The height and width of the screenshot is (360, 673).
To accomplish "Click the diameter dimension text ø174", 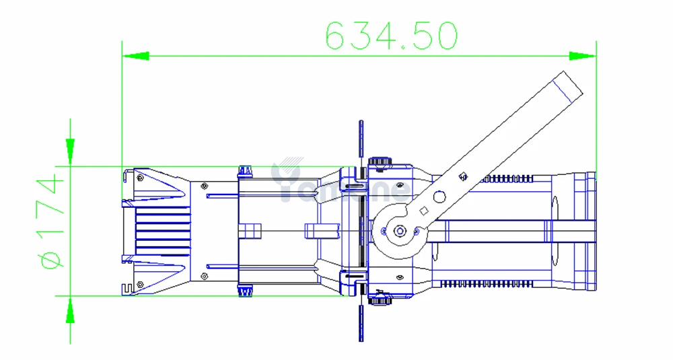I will [x=50, y=221].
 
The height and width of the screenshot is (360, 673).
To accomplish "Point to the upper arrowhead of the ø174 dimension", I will [x=70, y=152].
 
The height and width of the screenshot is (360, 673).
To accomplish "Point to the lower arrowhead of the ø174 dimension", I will [x=70, y=309].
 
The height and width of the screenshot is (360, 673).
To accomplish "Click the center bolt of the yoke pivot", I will [x=400, y=231].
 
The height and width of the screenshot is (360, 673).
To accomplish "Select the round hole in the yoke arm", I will [x=439, y=196].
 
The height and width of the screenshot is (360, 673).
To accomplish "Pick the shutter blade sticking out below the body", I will [x=361, y=322].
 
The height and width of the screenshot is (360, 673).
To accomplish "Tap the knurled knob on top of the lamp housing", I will [x=380, y=161].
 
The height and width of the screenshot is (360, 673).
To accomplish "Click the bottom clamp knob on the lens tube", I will [x=246, y=290].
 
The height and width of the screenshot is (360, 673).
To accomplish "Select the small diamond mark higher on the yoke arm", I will [x=462, y=176].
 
